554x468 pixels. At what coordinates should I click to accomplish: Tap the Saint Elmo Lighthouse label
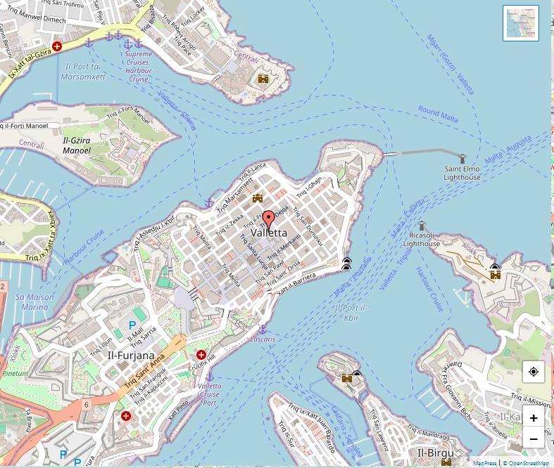[462, 173]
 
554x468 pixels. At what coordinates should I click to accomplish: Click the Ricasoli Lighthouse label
[422, 240]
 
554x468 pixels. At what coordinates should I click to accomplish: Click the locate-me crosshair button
[533, 372]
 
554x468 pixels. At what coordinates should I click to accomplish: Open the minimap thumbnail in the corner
[521, 23]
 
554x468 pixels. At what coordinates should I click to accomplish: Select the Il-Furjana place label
[130, 355]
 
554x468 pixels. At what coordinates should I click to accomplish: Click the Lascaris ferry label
[263, 339]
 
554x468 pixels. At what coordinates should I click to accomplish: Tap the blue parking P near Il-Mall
[132, 325]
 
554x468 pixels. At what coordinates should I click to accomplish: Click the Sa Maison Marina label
[34, 302]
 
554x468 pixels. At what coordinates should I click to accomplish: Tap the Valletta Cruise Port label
[209, 395]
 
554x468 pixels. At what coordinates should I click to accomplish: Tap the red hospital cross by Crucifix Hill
[201, 355]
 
